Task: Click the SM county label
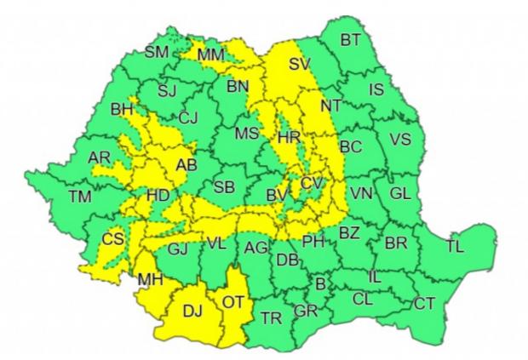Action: coord(156,52)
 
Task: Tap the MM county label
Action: coord(210,55)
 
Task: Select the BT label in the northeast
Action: coord(351,39)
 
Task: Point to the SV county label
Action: coord(300,64)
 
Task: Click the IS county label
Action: coord(376,89)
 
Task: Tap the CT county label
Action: coord(424,303)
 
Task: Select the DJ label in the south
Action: coord(193,311)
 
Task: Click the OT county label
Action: coord(233,301)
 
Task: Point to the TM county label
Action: coord(80,197)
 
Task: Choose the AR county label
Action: coord(99,157)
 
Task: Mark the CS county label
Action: coord(112,238)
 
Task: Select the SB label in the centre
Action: coord(225,186)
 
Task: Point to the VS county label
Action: coord(399,140)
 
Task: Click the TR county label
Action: coord(272,319)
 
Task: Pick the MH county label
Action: coord(149,278)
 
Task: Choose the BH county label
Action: coord(123,109)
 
